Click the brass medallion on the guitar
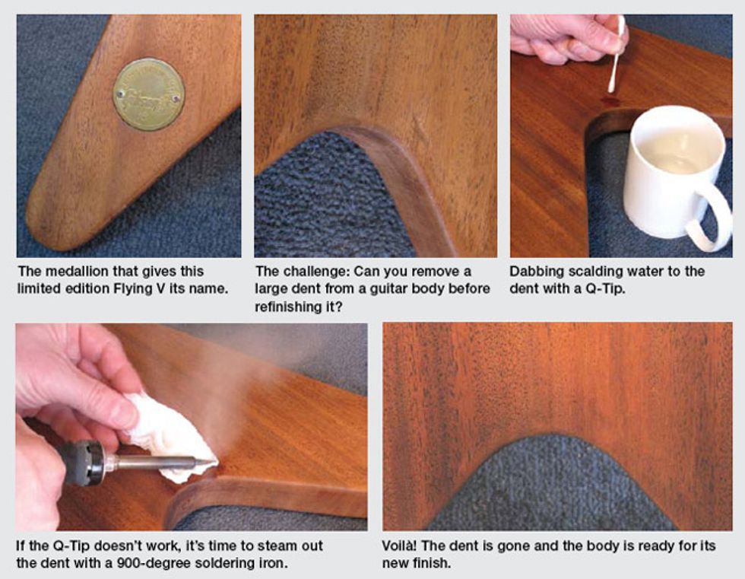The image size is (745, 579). (149, 94)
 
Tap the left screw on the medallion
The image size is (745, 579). (121, 94)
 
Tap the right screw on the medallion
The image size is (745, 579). (176, 99)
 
